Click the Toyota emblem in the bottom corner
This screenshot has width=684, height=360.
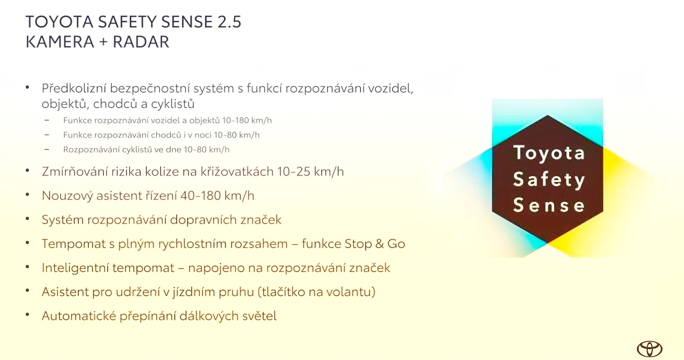tap(650, 349)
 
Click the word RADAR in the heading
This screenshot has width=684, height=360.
tap(141, 42)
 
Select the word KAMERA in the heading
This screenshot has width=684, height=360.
tap(60, 42)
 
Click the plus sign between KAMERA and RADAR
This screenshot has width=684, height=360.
tap(103, 42)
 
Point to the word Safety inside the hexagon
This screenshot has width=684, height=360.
tap(549, 179)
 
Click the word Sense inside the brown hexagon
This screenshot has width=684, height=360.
tap(549, 205)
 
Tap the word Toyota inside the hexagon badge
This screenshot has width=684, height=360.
tap(549, 153)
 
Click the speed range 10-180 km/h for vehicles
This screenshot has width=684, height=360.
tap(247, 120)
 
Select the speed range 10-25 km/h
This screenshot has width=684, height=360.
tap(310, 171)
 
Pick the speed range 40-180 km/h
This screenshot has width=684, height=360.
tap(217, 196)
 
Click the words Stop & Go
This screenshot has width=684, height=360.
tap(375, 244)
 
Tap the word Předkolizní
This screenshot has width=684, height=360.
tap(74, 88)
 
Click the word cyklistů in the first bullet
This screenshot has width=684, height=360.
tap(172, 104)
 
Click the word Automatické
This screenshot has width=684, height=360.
tap(79, 316)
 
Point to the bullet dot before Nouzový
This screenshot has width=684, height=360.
tap(27, 194)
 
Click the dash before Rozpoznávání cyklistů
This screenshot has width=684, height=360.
tap(47, 150)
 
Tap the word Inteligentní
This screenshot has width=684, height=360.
tap(75, 268)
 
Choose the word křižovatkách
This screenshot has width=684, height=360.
tap(237, 171)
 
